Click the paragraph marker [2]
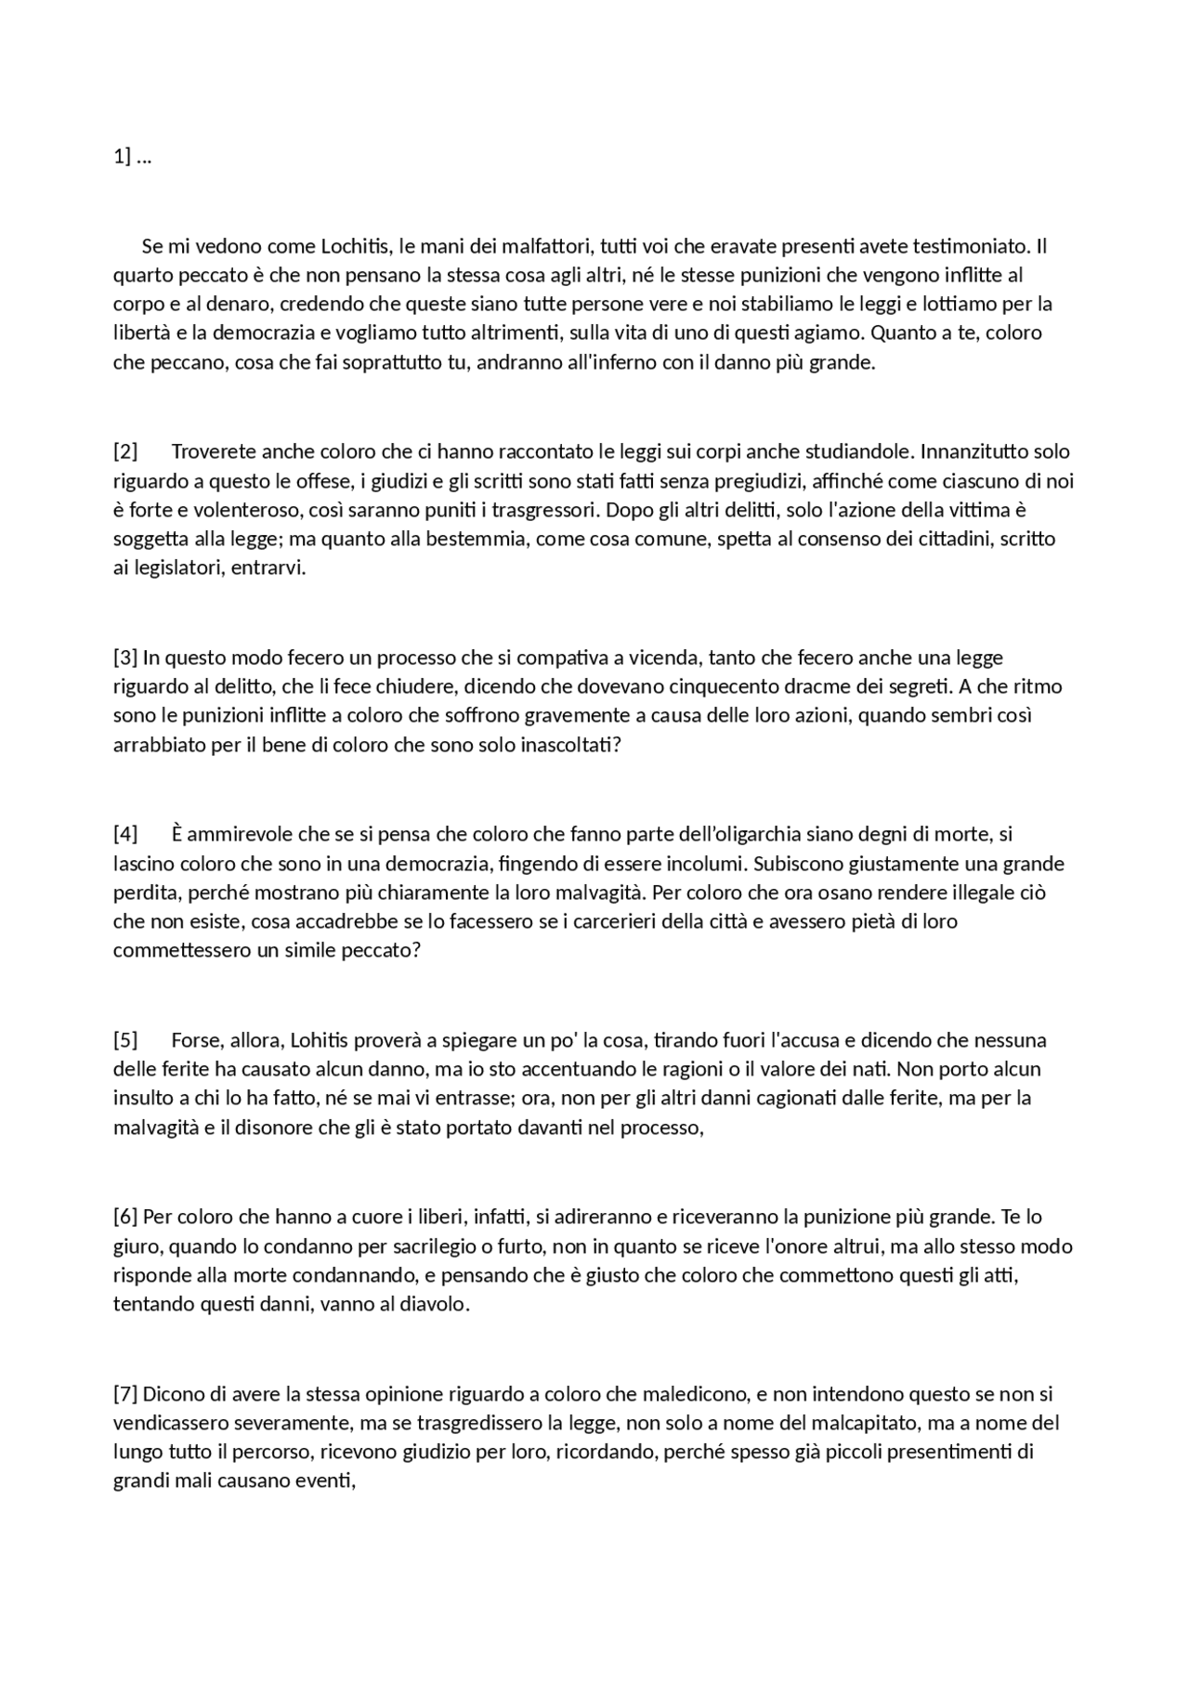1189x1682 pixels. [125, 452]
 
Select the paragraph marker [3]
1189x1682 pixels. [125, 658]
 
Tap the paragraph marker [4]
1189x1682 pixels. [125, 834]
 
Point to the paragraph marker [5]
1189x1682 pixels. [125, 1040]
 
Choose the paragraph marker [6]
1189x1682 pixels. [125, 1217]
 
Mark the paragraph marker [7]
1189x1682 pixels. [125, 1394]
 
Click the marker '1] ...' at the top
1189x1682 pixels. [132, 157]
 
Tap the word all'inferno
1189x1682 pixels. [611, 362]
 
